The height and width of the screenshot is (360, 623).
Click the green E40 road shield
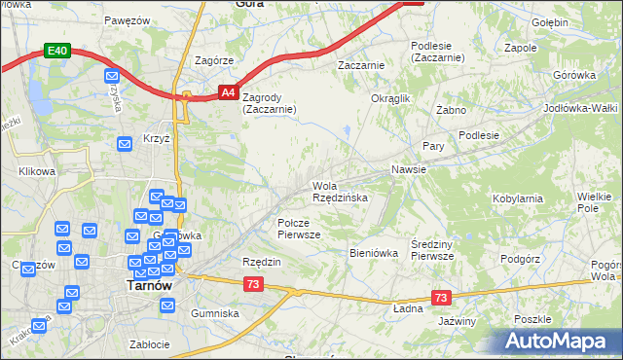point(55,51)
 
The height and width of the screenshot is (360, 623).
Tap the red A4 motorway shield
point(226,92)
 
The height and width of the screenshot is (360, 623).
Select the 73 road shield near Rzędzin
point(253,283)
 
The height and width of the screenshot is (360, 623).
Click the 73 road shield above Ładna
point(441,298)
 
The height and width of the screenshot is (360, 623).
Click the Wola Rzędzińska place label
point(340,191)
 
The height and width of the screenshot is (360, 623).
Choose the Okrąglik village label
point(392,98)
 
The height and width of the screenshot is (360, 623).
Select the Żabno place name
point(453,110)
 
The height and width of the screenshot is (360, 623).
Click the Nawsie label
point(409,169)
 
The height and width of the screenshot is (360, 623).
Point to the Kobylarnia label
point(518,198)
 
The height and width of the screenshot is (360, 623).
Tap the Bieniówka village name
point(374,252)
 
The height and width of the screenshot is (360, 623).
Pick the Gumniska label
point(215,313)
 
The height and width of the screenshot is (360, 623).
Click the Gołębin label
point(550,20)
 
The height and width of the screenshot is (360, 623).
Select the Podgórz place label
point(520,259)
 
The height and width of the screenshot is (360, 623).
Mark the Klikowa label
point(38,171)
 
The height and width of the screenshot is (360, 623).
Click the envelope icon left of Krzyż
point(125,144)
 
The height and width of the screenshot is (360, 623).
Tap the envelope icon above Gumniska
point(167,306)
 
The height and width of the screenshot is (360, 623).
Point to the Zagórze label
point(214,59)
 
